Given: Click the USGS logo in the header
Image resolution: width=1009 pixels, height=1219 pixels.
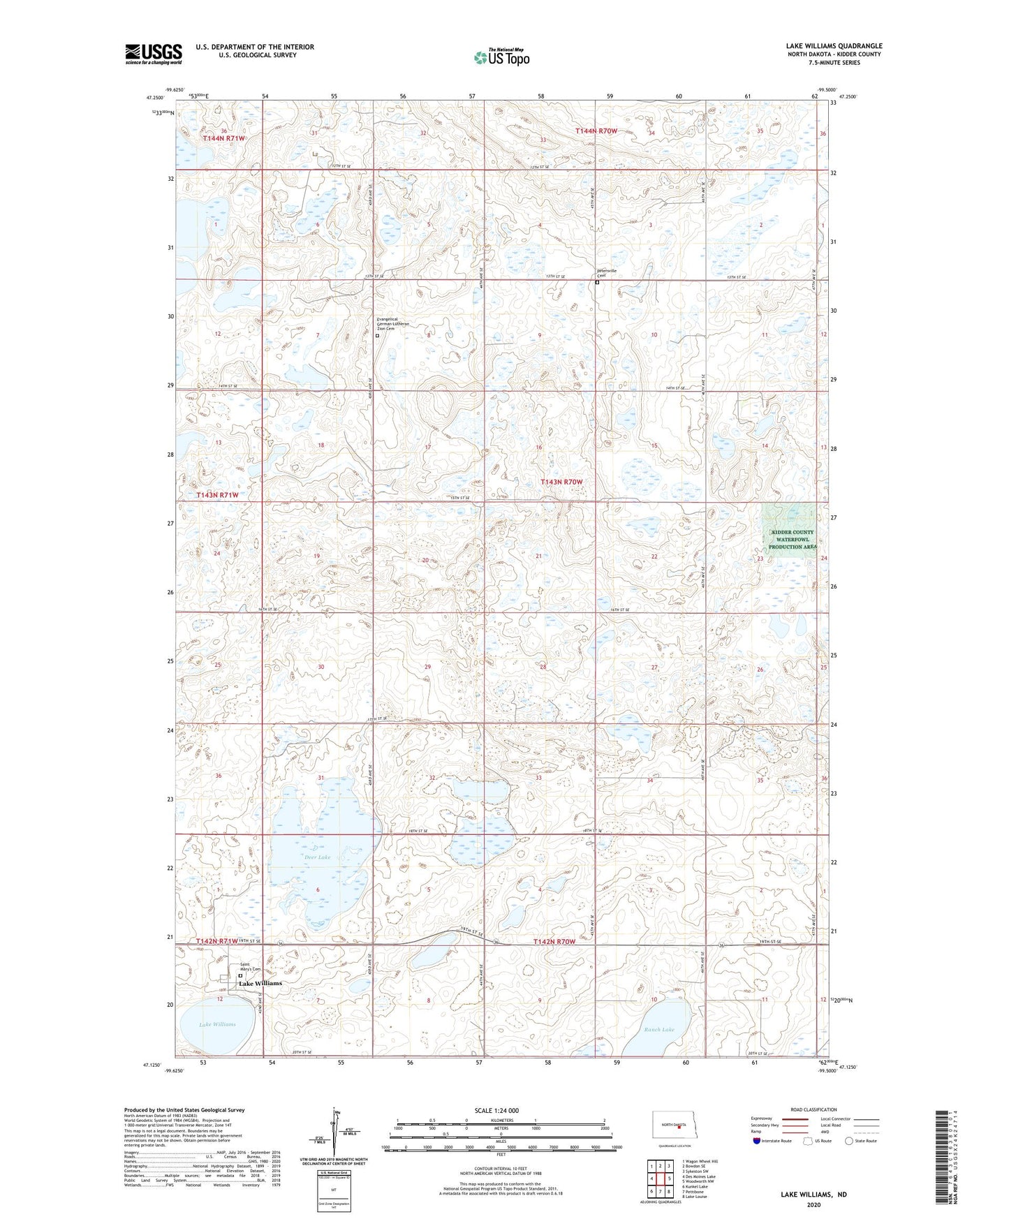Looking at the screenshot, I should tap(154, 54).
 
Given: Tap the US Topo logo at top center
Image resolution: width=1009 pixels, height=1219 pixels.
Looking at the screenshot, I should tap(501, 57).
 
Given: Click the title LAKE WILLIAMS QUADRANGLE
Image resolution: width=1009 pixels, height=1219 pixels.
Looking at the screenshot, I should tap(834, 46).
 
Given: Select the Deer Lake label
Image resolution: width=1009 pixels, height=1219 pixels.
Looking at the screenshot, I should tap(317, 857).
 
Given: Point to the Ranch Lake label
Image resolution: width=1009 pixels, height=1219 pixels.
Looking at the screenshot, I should tap(658, 1030).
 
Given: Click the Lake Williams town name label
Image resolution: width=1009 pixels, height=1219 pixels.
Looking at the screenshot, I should tap(260, 983).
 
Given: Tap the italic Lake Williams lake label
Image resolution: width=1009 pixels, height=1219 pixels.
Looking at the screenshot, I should tap(217, 1024).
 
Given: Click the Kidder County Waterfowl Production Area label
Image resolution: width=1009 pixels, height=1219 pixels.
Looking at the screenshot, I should tap(792, 540).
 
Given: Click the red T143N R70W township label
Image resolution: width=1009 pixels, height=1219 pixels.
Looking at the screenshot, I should tap(561, 482).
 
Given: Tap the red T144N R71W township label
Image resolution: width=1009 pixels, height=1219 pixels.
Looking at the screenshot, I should tap(223, 138).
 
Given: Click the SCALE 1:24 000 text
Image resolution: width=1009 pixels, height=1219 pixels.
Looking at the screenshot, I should tap(496, 1110).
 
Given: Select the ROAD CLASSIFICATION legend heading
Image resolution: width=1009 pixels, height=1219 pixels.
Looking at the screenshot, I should tap(813, 1109).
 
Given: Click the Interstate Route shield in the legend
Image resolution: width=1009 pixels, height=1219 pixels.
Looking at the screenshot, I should tap(757, 1141).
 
